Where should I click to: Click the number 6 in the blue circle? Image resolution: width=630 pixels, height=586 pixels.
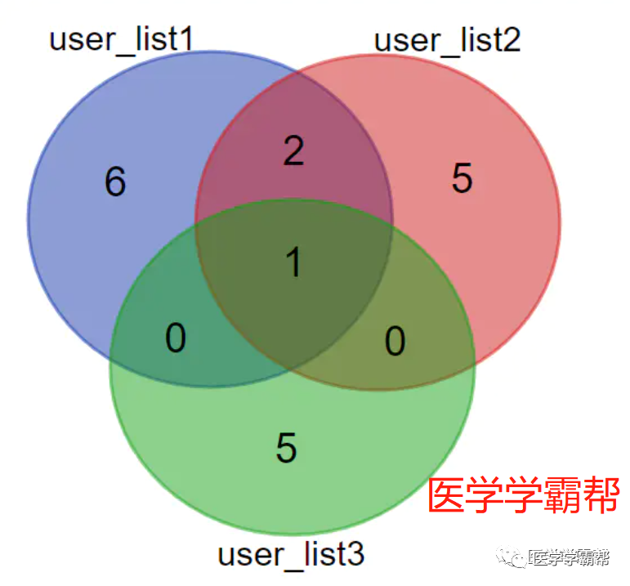point(115,181)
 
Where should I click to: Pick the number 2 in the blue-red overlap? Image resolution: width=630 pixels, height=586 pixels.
point(293,150)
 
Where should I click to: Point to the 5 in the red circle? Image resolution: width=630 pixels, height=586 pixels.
point(462,178)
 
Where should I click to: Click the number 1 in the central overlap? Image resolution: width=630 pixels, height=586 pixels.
point(293,263)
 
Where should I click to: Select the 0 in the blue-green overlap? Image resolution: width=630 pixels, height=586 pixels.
point(176,338)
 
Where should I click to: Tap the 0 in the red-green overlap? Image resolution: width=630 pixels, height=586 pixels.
point(395,342)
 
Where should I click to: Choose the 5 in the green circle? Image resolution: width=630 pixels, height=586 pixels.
point(286,448)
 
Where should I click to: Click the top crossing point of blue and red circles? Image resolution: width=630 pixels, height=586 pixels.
point(296,74)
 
